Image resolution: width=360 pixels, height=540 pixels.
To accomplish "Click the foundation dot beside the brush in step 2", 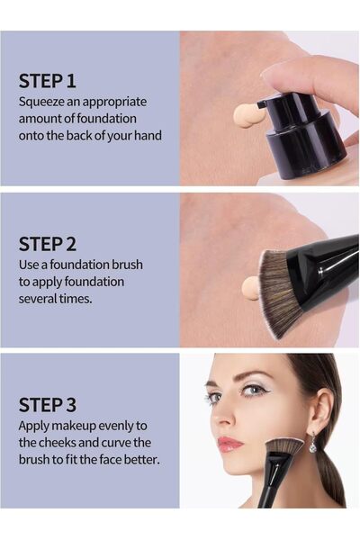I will [x=250, y=288].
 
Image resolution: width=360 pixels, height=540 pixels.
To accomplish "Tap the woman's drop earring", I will [x=311, y=444].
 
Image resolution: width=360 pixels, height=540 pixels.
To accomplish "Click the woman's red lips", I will [x=229, y=443].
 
